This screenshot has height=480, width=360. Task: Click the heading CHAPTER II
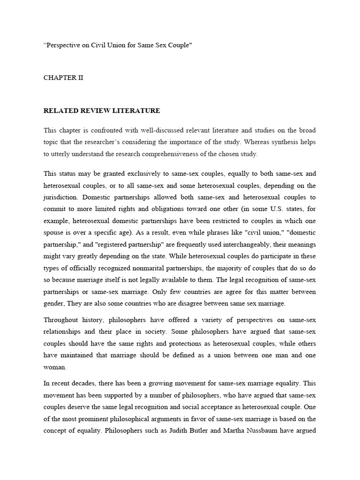pos(63,78)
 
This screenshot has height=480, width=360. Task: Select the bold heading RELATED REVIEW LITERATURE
pos(102,111)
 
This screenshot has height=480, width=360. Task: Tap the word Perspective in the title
pos(66,45)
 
